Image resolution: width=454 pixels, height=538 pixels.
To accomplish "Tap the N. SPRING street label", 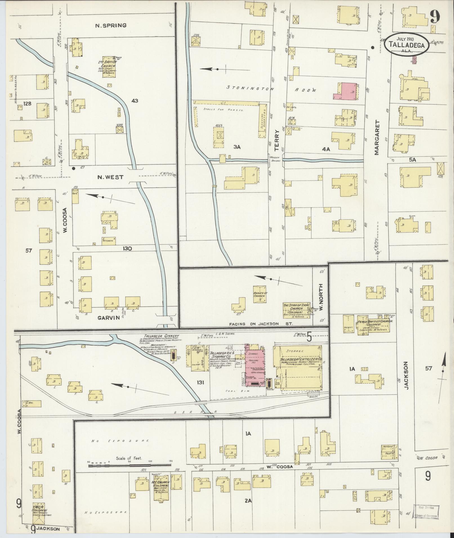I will [111, 26].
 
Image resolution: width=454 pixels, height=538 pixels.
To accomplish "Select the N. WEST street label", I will [110, 177].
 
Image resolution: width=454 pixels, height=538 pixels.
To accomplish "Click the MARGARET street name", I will [377, 138].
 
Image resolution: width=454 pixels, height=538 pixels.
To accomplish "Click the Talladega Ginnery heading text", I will [161, 336].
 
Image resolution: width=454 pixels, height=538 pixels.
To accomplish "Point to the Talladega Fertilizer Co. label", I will [300, 360].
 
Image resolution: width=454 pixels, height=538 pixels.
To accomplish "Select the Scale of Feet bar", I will [130, 466].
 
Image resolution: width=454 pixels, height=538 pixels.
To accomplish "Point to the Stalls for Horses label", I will [223, 110].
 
